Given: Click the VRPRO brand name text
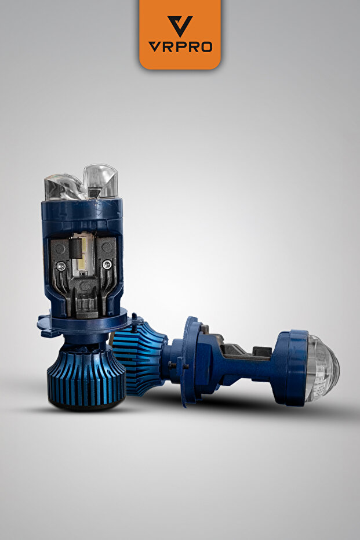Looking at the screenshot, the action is click(180, 46).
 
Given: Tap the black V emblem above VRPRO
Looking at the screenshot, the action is click(180, 26).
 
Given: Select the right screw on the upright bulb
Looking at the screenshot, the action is click(107, 264).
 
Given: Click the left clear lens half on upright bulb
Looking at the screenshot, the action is click(64, 188).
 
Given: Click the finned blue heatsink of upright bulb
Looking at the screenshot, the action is click(86, 375).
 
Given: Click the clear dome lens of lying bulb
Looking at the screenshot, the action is click(322, 368).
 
